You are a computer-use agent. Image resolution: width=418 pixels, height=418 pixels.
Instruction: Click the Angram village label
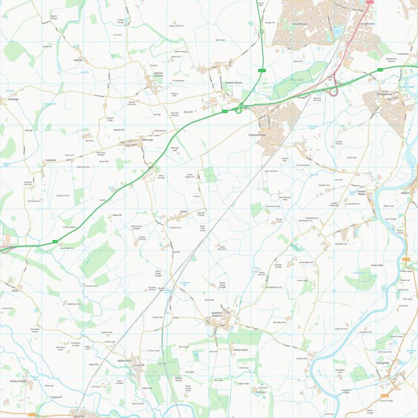(79, 59)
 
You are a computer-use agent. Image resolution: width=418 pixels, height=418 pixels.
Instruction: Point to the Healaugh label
(14, 99)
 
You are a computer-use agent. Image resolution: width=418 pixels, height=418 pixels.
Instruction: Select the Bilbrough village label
(147, 140)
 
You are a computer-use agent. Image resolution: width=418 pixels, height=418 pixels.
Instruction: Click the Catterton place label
(51, 160)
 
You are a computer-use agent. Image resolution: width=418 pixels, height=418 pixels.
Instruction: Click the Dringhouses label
(368, 23)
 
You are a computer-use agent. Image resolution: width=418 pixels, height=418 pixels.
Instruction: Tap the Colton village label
(184, 212)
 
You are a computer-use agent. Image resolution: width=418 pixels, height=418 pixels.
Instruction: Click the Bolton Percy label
(125, 361)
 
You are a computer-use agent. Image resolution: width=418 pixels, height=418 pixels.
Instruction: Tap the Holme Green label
(241, 350)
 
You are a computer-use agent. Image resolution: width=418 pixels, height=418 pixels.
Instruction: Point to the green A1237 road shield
(262, 70)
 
